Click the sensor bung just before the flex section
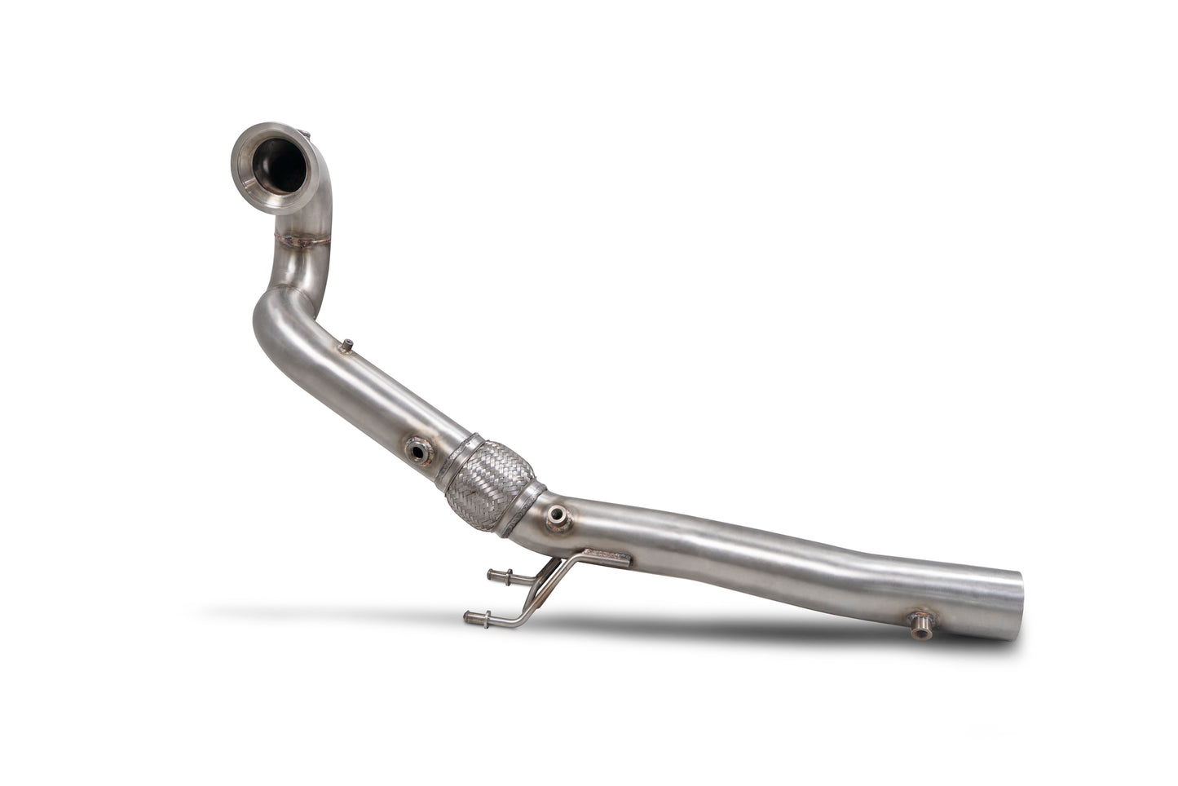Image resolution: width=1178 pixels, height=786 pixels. [x=419, y=448]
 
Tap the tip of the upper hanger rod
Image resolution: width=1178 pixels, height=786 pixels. [x=491, y=576]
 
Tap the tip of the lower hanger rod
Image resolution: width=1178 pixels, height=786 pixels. [x=468, y=616]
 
